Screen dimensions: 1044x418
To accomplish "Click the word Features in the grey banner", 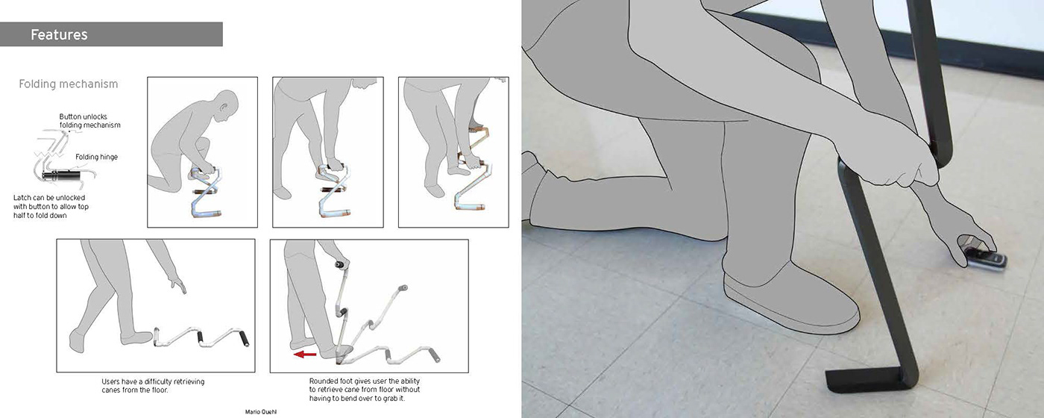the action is [59, 34].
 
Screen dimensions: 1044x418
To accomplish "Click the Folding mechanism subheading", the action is [69, 84].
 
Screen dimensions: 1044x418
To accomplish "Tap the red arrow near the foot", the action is [305, 355].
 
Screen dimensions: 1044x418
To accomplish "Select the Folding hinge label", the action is [96, 157].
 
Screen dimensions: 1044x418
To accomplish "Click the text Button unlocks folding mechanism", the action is [89, 121].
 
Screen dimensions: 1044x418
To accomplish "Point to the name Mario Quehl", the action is [261, 412].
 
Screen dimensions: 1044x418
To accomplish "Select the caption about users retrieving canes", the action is [153, 385].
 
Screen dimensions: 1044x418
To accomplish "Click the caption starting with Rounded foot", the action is [365, 390].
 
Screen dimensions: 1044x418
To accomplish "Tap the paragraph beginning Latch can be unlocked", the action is [51, 206].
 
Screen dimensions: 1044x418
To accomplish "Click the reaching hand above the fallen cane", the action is [178, 284].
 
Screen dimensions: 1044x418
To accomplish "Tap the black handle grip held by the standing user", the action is [341, 265].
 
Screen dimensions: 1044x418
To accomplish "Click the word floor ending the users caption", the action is [159, 390].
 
